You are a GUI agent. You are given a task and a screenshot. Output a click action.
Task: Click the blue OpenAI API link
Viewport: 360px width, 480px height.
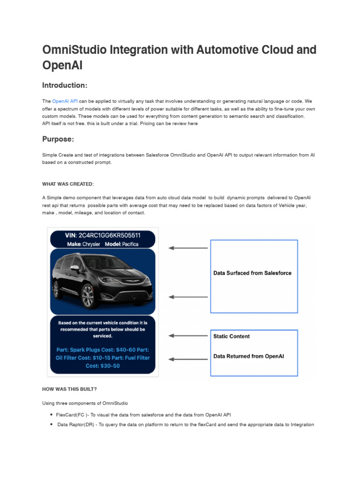click(x=65, y=101)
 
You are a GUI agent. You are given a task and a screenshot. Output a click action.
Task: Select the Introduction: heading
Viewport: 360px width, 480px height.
click(x=65, y=85)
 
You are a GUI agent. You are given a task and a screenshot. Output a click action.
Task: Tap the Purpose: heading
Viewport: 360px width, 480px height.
click(x=58, y=139)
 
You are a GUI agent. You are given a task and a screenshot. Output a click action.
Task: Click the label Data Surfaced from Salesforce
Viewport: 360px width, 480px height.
click(x=252, y=273)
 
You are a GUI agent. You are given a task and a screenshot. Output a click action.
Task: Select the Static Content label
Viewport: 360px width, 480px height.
click(x=232, y=336)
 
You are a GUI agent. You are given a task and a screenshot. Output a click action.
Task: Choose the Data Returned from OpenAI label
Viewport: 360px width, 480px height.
click(x=248, y=356)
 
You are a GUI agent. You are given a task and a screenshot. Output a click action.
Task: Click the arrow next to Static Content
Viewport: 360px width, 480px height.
click(x=187, y=336)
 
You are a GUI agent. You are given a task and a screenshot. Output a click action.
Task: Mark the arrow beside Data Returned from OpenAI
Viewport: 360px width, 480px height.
click(x=187, y=359)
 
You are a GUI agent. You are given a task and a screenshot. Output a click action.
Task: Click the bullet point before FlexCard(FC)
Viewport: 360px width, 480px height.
click(x=51, y=415)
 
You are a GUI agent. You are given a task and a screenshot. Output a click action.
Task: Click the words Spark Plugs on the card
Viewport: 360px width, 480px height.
click(x=90, y=349)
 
